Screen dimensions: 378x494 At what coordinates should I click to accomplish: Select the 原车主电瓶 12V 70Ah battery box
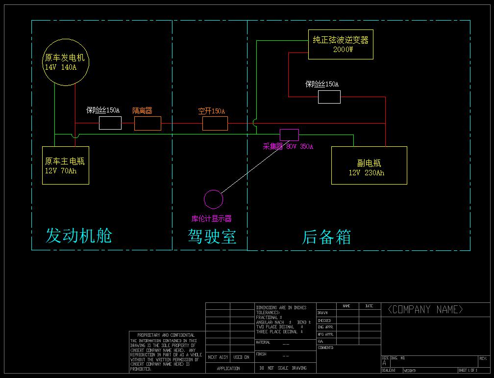click(x=65, y=165)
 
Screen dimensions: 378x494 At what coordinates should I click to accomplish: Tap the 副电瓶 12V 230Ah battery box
click(x=369, y=165)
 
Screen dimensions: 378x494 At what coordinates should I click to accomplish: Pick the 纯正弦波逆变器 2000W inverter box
click(x=341, y=45)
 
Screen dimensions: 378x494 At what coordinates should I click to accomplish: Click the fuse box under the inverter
click(x=329, y=97)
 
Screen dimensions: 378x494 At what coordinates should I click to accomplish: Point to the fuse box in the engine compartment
click(x=110, y=123)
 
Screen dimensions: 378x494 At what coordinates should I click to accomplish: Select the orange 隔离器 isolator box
click(x=148, y=123)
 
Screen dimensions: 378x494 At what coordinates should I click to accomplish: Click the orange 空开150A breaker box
click(x=215, y=123)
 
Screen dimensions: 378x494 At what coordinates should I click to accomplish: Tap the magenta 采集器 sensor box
click(x=289, y=135)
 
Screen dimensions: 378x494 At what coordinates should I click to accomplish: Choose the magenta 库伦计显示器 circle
click(x=213, y=199)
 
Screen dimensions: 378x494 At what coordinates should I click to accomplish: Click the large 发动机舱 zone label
click(x=78, y=236)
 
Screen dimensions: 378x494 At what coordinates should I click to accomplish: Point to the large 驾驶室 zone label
click(x=212, y=237)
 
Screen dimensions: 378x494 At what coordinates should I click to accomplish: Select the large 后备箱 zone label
click(x=326, y=237)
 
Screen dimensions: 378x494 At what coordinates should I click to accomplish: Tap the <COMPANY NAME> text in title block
click(x=425, y=309)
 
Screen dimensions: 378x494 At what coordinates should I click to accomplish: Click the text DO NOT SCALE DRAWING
click(x=282, y=368)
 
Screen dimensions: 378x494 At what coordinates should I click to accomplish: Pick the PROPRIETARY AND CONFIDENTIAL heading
click(x=166, y=335)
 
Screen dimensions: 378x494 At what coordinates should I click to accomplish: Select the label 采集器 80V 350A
click(x=288, y=146)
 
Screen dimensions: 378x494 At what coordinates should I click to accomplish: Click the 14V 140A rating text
click(x=60, y=67)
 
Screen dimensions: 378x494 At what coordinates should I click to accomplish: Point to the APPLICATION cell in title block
click(x=228, y=368)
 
